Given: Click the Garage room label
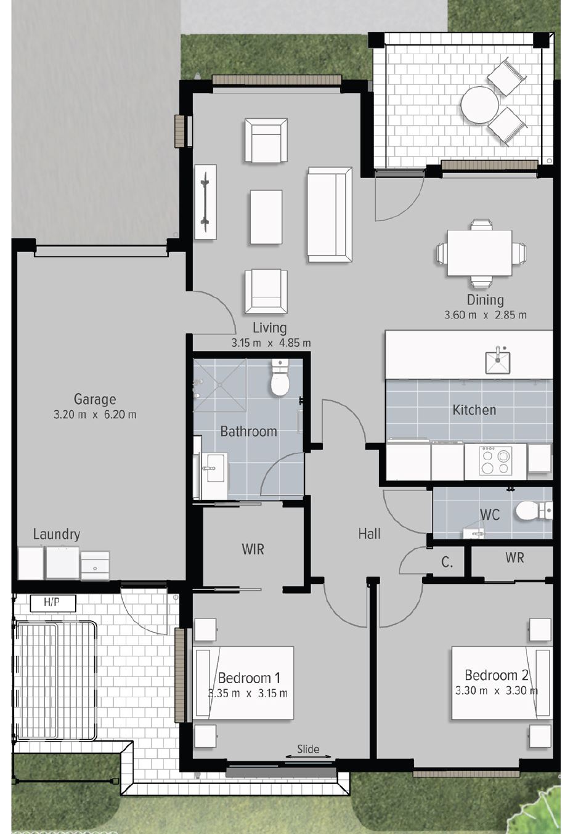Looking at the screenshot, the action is click(x=95, y=399).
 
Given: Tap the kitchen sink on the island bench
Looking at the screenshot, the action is click(x=497, y=360).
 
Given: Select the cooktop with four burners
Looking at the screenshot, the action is click(x=495, y=461).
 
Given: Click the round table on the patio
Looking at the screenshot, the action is click(x=480, y=105).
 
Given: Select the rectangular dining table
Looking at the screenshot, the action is click(x=479, y=253).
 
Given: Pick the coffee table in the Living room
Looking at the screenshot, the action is click(x=266, y=217).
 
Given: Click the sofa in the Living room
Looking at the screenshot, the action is click(x=330, y=214).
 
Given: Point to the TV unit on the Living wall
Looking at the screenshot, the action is click(x=206, y=201).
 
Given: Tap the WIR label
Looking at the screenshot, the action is click(x=253, y=549).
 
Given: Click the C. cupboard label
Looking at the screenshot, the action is click(x=447, y=562).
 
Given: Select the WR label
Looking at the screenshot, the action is click(x=514, y=557).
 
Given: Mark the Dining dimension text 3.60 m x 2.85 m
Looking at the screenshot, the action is click(x=486, y=315).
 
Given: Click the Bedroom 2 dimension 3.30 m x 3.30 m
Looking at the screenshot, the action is click(x=497, y=690).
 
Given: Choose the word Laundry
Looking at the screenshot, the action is click(x=57, y=534).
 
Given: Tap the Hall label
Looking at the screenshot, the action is click(x=370, y=533).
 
